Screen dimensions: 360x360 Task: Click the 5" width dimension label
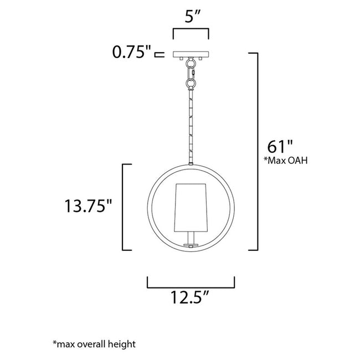click(191, 16)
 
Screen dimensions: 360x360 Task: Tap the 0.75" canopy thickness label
click(131, 54)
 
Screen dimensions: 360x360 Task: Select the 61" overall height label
click(280, 147)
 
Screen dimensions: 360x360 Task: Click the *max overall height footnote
click(94, 344)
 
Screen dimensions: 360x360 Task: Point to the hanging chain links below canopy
click(191, 75)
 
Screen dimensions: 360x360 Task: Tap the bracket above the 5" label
click(191, 34)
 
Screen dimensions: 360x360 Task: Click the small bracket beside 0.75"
click(160, 54)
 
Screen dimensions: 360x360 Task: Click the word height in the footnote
click(124, 344)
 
